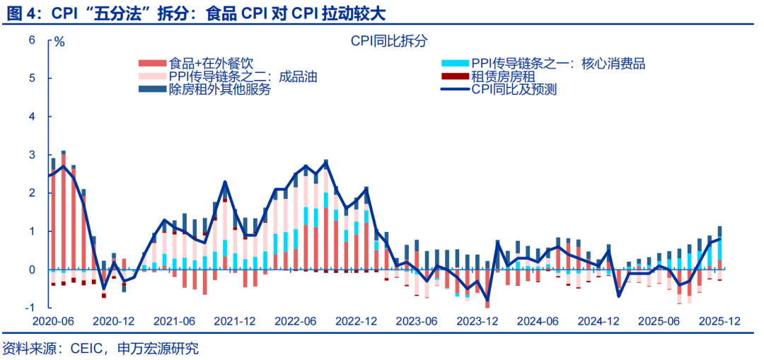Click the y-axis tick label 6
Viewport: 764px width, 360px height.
[32, 40]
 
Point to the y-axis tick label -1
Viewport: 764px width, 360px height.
[30, 308]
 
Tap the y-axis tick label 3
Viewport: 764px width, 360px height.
[32, 155]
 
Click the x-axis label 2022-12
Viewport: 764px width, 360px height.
[357, 320]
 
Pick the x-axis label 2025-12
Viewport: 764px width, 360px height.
[719, 320]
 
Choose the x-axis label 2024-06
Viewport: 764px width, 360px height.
[538, 320]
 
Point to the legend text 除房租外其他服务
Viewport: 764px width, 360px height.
[220, 90]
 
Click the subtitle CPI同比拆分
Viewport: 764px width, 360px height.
[389, 41]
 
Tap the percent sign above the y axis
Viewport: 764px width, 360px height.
[59, 41]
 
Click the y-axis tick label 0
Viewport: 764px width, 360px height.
[32, 269]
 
